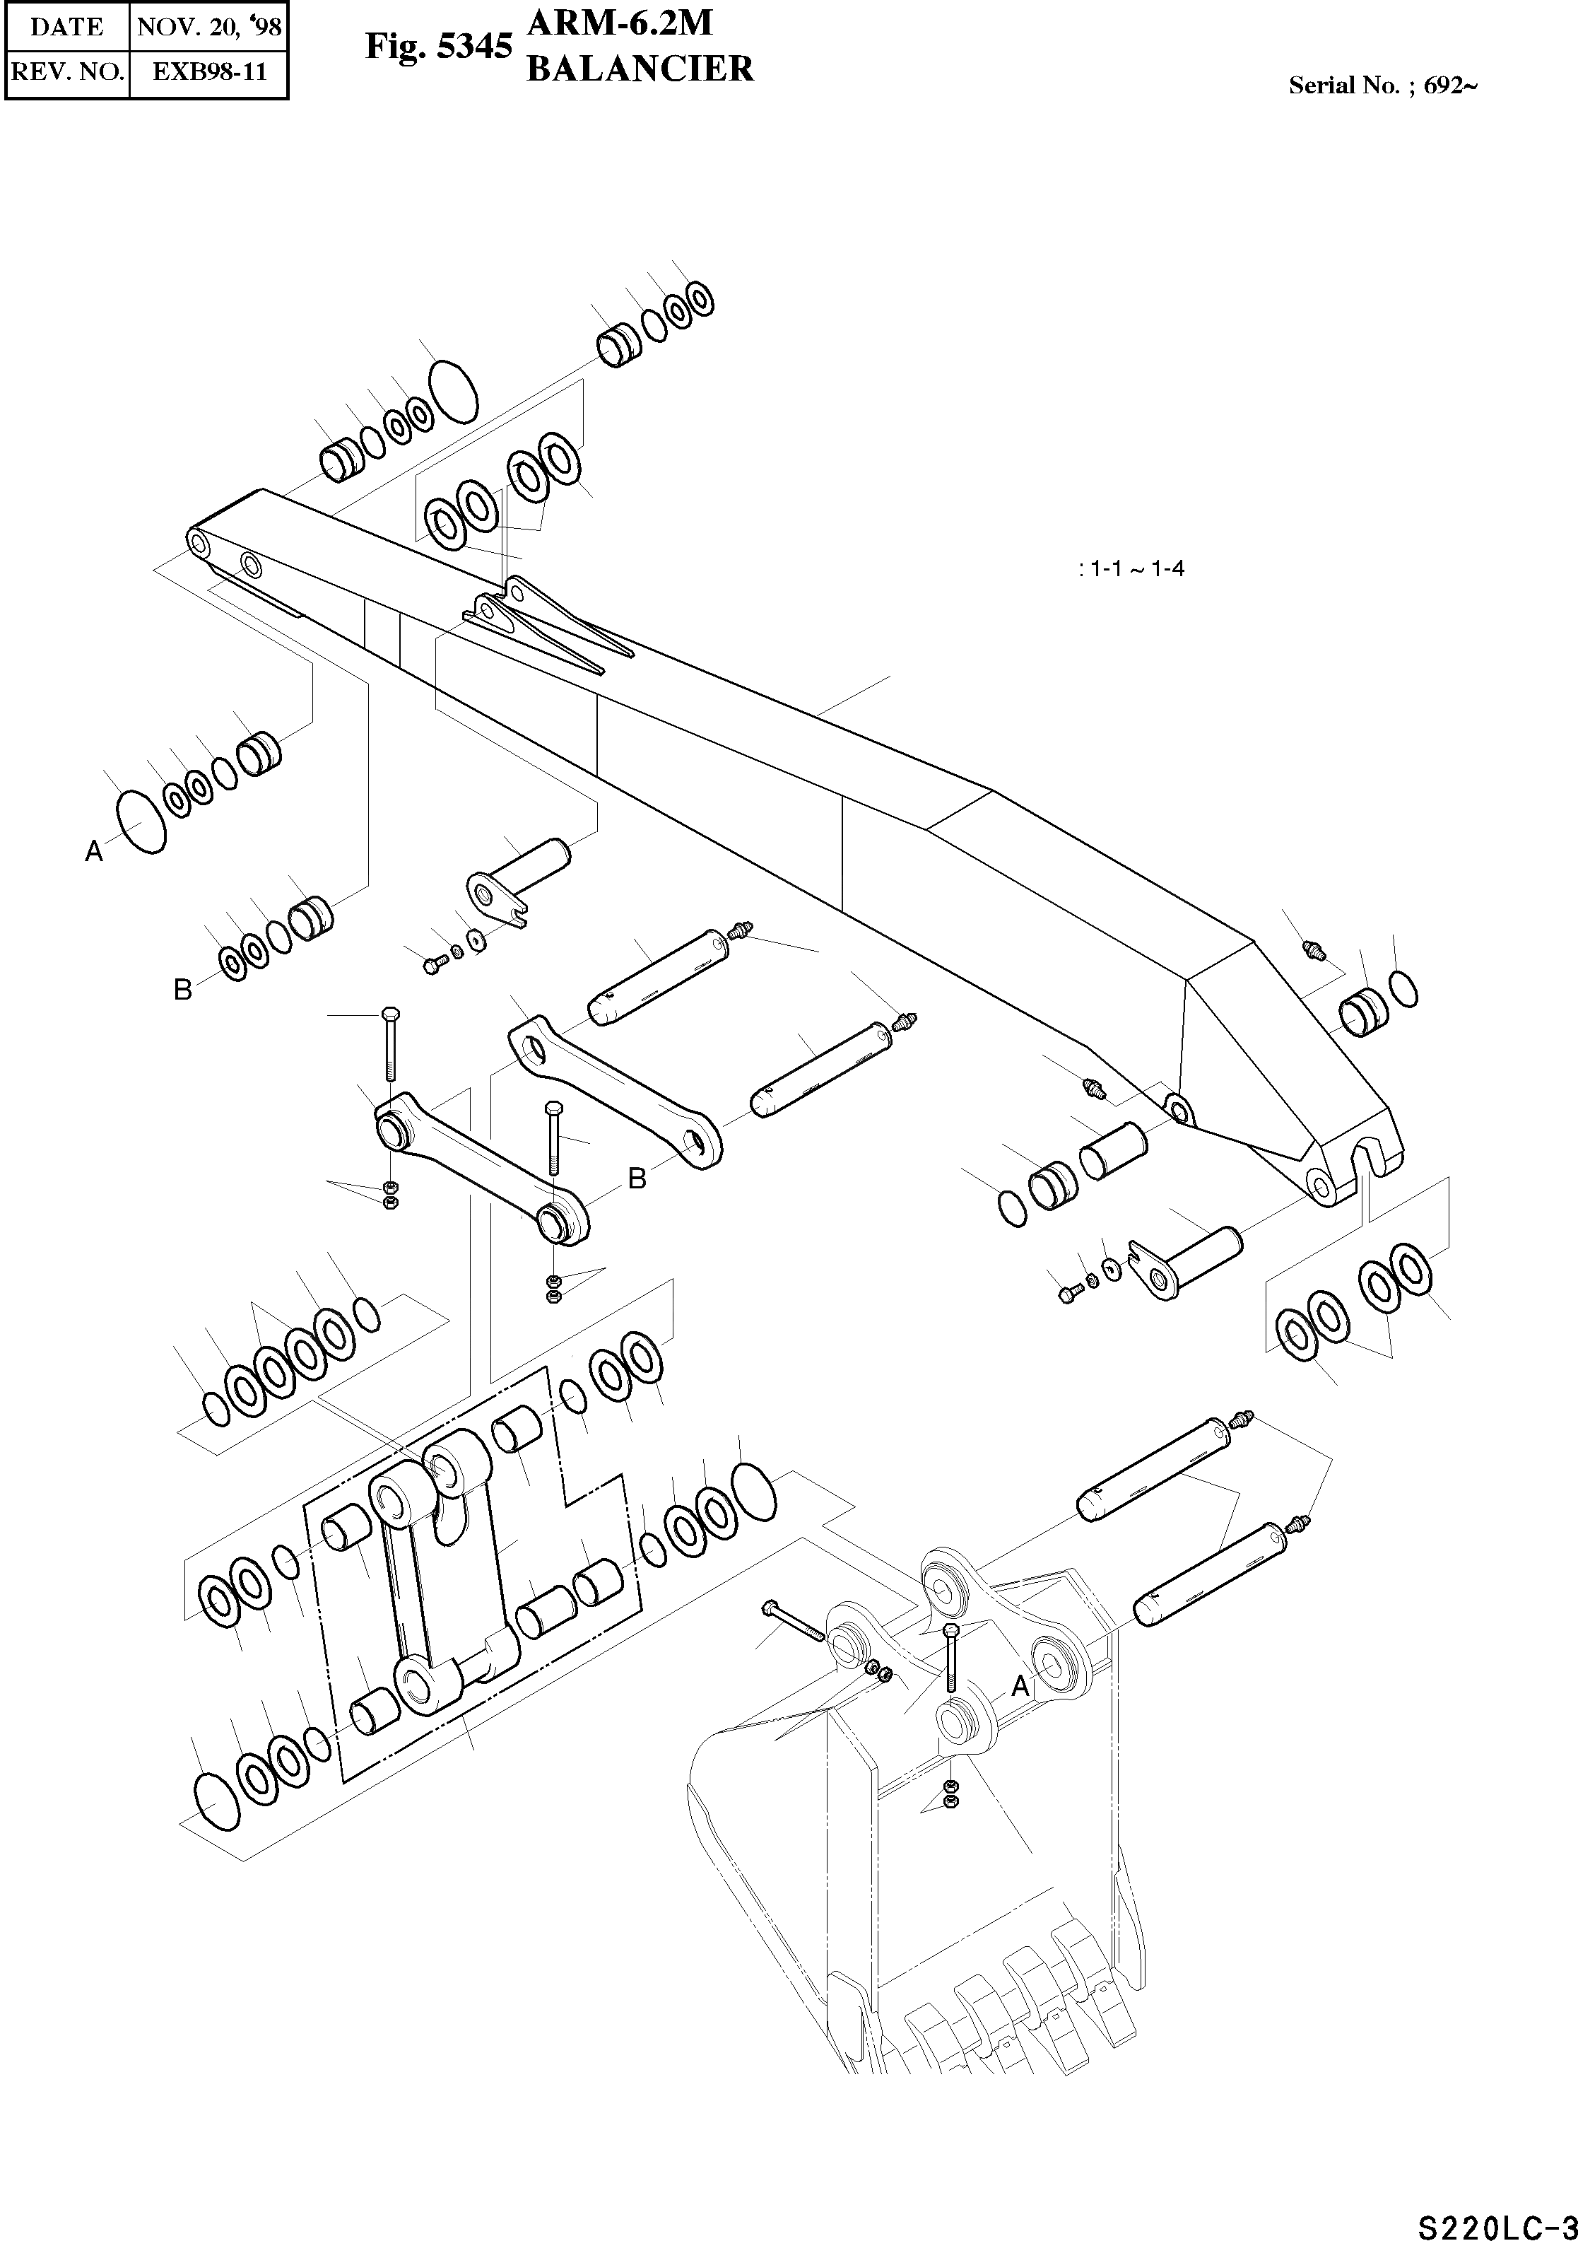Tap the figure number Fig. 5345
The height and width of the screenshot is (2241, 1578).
tap(438, 46)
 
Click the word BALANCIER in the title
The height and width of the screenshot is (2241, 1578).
tap(640, 69)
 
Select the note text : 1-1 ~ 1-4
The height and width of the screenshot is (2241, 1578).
tap(1132, 569)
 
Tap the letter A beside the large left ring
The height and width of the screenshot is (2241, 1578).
tap(94, 852)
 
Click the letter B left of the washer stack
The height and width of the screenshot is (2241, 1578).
tap(182, 990)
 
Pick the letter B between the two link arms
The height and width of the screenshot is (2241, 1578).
tap(637, 1179)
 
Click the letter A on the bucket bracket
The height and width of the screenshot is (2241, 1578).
tap(1020, 1685)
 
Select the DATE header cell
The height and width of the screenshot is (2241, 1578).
tap(66, 26)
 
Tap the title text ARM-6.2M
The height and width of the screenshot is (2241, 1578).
tap(620, 23)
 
